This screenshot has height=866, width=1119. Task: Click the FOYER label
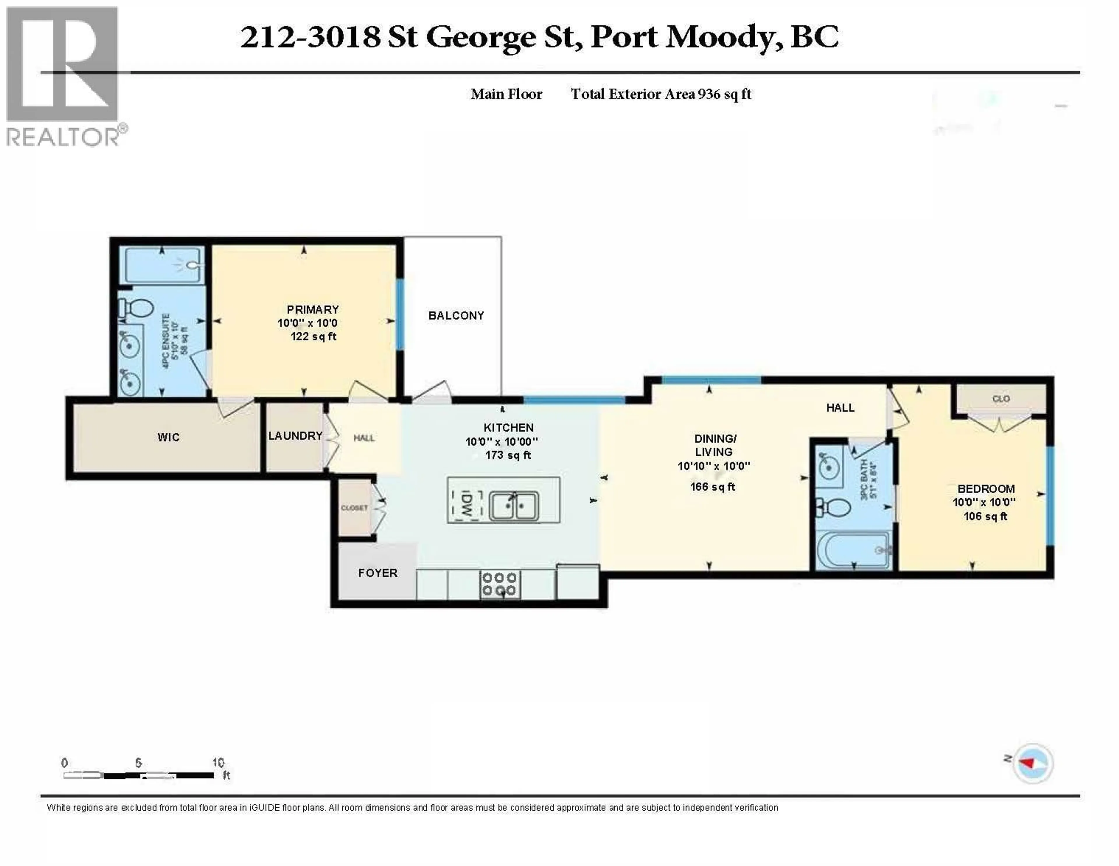pyautogui.click(x=378, y=573)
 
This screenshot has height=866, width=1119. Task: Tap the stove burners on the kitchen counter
pyautogui.click(x=499, y=584)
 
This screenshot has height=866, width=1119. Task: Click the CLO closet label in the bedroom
pyautogui.click(x=1001, y=398)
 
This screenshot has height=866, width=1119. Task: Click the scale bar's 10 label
pyautogui.click(x=218, y=762)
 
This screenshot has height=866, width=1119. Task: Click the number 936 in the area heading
pyautogui.click(x=709, y=94)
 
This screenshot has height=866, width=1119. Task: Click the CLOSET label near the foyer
pyautogui.click(x=354, y=508)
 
